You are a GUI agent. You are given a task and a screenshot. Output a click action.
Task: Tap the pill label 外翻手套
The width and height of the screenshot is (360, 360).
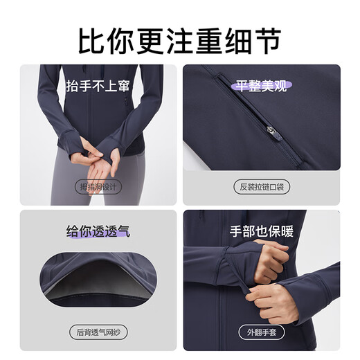click(260, 331)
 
